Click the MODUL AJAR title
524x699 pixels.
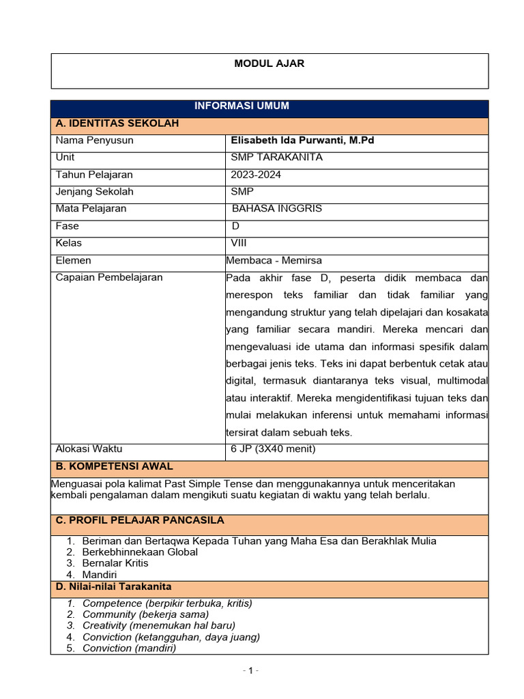click(270, 63)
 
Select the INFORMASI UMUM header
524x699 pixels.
click(242, 106)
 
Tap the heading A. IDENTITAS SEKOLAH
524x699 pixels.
click(117, 124)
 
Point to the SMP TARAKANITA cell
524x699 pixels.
click(277, 158)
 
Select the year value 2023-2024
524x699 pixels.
click(256, 175)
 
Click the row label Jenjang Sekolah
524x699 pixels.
click(94, 192)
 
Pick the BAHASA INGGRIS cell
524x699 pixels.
click(277, 209)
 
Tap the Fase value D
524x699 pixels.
click(236, 226)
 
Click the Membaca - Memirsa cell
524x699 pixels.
click(274, 260)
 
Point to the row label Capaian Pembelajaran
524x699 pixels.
click(109, 278)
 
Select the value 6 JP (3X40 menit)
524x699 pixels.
click(273, 449)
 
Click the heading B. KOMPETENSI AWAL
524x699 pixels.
click(114, 467)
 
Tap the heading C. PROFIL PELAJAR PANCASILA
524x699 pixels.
click(140, 520)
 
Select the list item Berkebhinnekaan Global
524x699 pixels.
click(140, 552)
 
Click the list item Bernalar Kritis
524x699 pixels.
click(115, 563)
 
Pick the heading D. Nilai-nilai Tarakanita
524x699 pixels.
click(113, 587)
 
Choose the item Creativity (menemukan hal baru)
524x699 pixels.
click(158, 625)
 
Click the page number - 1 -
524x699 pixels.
click(251, 671)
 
